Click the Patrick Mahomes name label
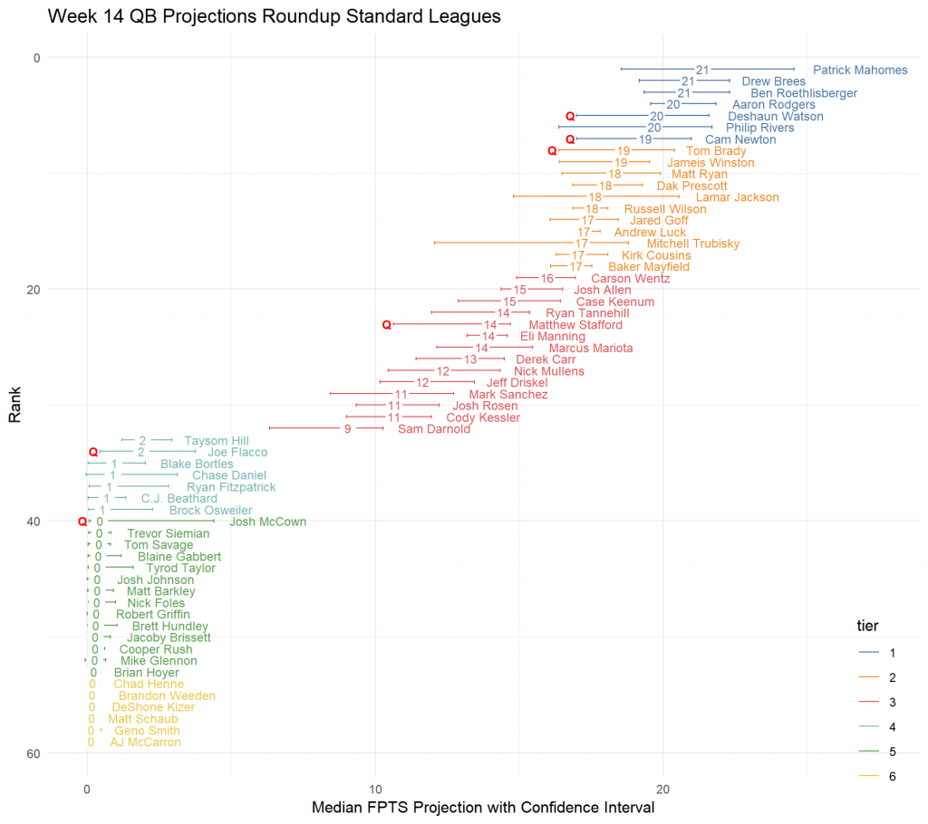[860, 70]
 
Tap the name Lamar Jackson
[737, 197]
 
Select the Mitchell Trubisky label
[693, 244]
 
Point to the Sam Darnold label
[434, 429]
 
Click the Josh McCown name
[267, 522]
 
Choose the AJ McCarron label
[145, 743]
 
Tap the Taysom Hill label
[217, 441]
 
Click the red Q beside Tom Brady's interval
[552, 151]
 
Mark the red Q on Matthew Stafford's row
[387, 324]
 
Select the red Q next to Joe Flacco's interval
[92, 452]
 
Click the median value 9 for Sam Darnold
[348, 429]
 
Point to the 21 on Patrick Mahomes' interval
[702, 70]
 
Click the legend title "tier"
[867, 626]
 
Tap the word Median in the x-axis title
[338, 807]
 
